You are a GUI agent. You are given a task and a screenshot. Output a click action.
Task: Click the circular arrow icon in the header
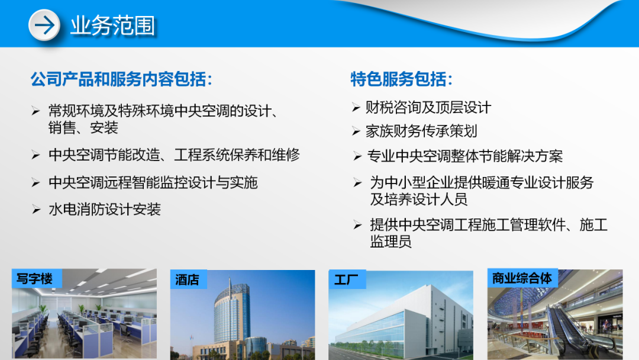(x=44, y=25)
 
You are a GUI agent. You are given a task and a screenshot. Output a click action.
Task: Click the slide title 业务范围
(x=112, y=26)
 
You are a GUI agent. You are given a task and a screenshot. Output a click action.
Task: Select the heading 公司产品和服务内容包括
(x=121, y=79)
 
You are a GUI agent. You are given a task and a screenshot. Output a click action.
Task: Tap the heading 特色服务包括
(x=402, y=79)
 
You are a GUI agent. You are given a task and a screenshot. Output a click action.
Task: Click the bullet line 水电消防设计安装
(x=105, y=209)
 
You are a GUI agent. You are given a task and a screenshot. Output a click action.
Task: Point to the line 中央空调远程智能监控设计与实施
(x=153, y=182)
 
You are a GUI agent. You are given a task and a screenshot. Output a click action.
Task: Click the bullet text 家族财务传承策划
(x=421, y=131)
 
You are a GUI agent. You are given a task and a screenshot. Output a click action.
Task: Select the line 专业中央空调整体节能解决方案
(x=465, y=156)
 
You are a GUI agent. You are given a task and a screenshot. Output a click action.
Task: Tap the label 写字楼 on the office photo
(x=35, y=279)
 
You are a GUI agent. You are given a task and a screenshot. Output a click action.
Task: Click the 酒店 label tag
(x=188, y=279)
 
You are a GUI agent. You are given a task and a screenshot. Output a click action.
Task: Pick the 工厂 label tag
(x=346, y=279)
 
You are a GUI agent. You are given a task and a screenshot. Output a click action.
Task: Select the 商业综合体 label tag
(x=522, y=278)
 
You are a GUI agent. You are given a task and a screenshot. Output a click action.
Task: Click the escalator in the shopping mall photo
(x=568, y=332)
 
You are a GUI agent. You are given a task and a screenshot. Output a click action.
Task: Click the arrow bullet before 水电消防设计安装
(x=35, y=209)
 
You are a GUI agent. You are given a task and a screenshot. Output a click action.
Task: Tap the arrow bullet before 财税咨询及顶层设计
(x=356, y=107)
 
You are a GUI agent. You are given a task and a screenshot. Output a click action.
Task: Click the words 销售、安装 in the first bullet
(x=83, y=127)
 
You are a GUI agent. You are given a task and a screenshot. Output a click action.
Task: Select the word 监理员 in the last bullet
(x=390, y=242)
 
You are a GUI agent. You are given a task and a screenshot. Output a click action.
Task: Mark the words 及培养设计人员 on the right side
(x=419, y=199)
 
